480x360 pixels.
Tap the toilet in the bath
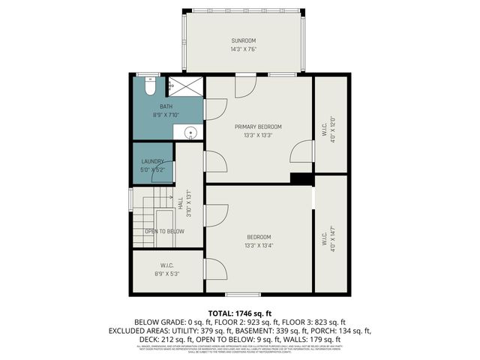150,88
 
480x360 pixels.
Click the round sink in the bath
191,133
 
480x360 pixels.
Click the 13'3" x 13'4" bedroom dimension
258,245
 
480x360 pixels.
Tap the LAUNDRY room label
153,161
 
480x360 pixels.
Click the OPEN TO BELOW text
164,231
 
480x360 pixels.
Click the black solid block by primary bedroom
301,178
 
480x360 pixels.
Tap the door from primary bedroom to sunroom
245,85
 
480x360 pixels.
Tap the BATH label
166,107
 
